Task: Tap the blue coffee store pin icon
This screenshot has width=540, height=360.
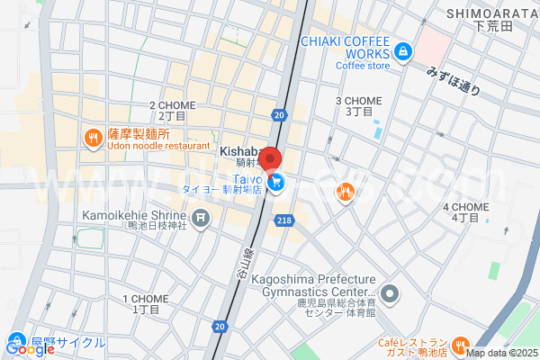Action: pyautogui.click(x=403, y=50)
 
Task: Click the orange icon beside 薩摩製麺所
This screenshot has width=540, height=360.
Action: pyautogui.click(x=92, y=138)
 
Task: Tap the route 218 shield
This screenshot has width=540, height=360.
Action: pyautogui.click(x=285, y=220)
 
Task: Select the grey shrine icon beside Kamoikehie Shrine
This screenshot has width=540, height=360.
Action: pyautogui.click(x=201, y=217)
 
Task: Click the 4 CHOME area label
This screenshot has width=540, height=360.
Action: pyautogui.click(x=465, y=211)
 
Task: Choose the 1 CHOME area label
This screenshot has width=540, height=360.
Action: pyautogui.click(x=145, y=303)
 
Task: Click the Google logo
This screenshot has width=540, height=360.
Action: pyautogui.click(x=30, y=349)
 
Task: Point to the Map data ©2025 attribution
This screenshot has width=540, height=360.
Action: pyautogui.click(x=500, y=353)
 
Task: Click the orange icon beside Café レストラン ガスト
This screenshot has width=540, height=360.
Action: pyautogui.click(x=460, y=345)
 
